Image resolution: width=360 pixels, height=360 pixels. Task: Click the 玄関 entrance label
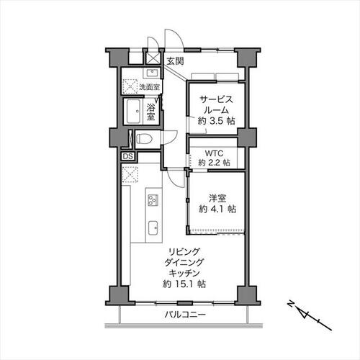176,61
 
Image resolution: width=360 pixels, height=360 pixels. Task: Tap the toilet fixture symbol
144,139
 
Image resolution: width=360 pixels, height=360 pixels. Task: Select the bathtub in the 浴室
133,112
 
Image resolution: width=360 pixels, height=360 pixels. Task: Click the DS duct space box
127,156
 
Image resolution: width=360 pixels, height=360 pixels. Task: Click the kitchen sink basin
153,228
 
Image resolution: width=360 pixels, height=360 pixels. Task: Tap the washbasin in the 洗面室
151,73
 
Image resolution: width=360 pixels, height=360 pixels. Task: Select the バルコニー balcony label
185,315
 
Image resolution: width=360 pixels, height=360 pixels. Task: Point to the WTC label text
214,153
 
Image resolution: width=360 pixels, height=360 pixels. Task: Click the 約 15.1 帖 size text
184,284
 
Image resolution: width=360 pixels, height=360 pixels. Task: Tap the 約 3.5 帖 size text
217,121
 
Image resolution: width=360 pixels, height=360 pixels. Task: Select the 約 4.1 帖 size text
217,210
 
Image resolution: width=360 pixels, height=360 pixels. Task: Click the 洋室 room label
217,199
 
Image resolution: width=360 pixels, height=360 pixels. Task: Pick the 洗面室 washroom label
149,87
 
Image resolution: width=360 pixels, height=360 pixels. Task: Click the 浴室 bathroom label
150,112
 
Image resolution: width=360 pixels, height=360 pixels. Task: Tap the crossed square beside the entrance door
153,58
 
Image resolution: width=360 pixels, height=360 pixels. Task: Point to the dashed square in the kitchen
130,174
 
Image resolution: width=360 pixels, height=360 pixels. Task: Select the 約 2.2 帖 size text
214,163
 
